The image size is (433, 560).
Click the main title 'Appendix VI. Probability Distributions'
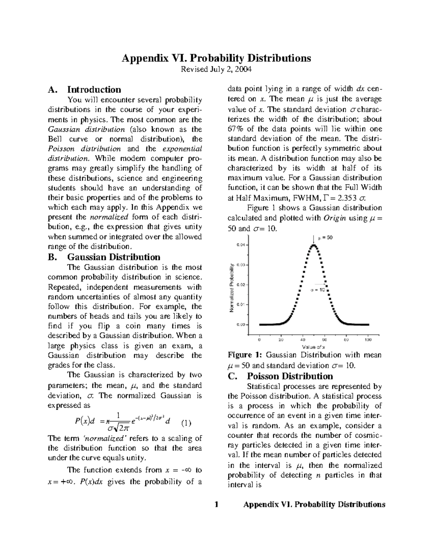coord(216,58)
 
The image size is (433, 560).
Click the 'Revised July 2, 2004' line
coord(216,69)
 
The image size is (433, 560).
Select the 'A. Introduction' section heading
coord(84,89)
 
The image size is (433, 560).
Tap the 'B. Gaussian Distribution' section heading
coord(104,257)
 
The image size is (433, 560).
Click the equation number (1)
coord(186,423)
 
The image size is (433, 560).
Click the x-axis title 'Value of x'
coord(314,347)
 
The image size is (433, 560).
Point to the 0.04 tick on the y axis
coord(240,245)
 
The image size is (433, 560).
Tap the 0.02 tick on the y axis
coord(240,285)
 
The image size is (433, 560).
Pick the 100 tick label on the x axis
coord(368,340)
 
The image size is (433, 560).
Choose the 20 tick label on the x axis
coord(281,340)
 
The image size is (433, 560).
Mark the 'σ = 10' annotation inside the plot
coord(318,290)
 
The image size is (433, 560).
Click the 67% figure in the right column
coord(235,129)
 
